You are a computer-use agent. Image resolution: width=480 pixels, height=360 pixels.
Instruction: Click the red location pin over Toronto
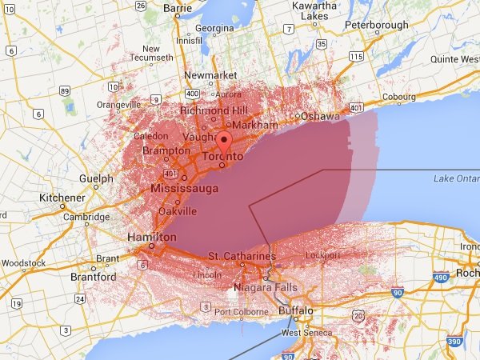click(225, 144)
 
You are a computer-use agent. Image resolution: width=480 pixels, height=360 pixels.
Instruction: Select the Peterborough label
click(372, 25)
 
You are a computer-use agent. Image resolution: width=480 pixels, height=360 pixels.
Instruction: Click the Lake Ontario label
click(455, 178)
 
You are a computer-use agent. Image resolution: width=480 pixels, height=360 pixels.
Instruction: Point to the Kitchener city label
click(62, 197)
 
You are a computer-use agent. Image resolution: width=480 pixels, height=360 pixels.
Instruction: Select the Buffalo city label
click(295, 310)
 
